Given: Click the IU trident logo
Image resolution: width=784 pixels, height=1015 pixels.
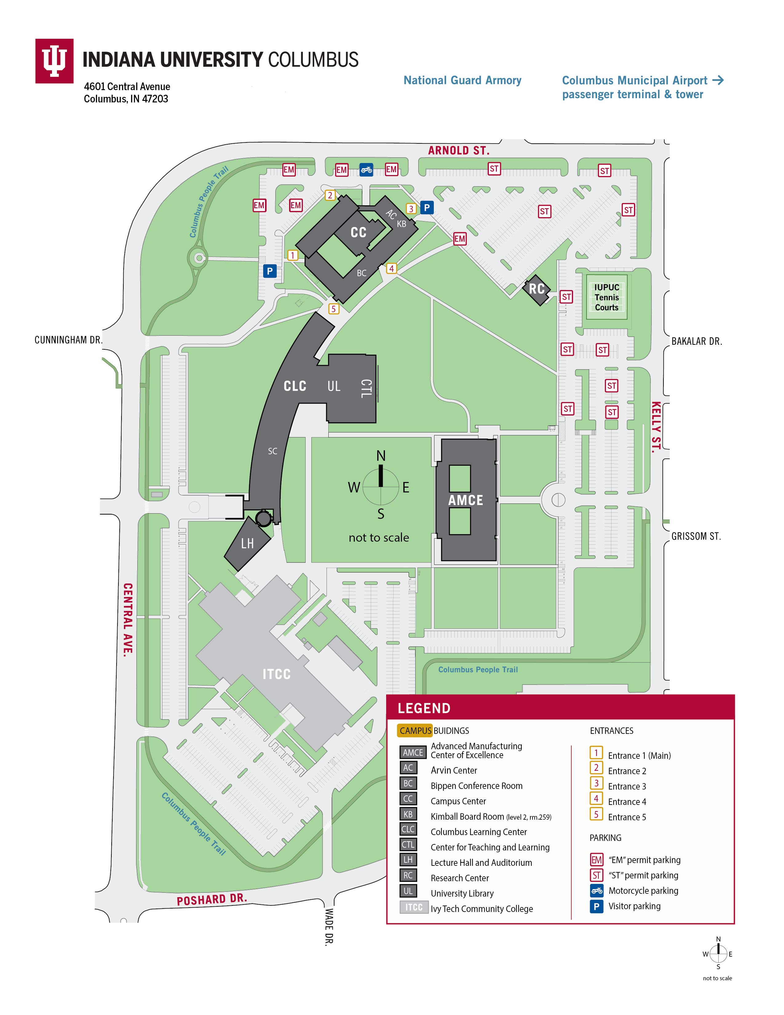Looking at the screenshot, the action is (54, 61).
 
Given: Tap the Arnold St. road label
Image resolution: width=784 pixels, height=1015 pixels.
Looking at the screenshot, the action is (458, 151).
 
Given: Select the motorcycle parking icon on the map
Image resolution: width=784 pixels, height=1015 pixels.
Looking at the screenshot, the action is (366, 170).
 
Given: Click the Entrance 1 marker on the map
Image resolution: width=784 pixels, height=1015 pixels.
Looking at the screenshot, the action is (293, 255).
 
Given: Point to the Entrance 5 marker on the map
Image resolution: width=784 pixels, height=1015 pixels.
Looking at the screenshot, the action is (334, 308).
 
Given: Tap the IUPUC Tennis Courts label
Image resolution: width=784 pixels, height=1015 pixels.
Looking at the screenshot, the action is (607, 297).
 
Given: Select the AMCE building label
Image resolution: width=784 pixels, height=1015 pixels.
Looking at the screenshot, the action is (465, 500).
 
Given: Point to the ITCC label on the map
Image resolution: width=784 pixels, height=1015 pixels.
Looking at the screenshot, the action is (277, 674).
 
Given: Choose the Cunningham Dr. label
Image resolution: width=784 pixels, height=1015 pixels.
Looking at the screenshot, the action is (68, 340).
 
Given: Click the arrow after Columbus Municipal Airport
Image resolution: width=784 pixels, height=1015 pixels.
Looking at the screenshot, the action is (718, 80).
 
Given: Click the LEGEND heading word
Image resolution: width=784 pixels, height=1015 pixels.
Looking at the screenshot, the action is (424, 708).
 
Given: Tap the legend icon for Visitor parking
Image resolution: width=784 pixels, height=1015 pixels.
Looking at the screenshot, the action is (596, 906).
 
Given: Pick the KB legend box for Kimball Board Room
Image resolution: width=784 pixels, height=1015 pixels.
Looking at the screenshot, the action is (408, 814).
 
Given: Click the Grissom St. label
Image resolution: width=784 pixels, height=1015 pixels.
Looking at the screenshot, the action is (696, 536).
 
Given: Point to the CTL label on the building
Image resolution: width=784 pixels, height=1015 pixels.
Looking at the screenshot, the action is (366, 388).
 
